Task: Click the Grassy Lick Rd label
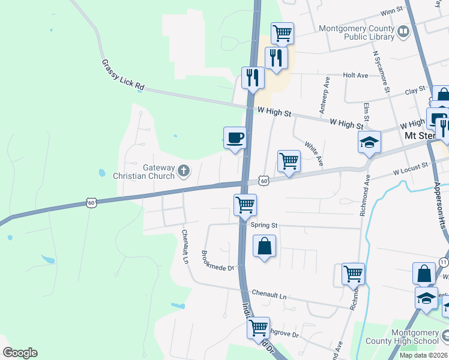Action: click(x=123, y=75)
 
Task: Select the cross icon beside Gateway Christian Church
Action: click(x=184, y=172)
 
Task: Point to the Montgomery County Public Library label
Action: click(x=357, y=32)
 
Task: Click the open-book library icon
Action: click(x=403, y=31)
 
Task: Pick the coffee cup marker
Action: click(x=234, y=138)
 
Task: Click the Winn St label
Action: click(x=391, y=11)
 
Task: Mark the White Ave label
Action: click(x=314, y=154)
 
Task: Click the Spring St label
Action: click(x=264, y=225)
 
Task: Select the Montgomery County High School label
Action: click(x=415, y=336)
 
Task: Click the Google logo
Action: click(x=20, y=353)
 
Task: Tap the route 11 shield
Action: click(x=444, y=262)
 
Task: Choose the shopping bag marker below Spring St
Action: click(x=264, y=247)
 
